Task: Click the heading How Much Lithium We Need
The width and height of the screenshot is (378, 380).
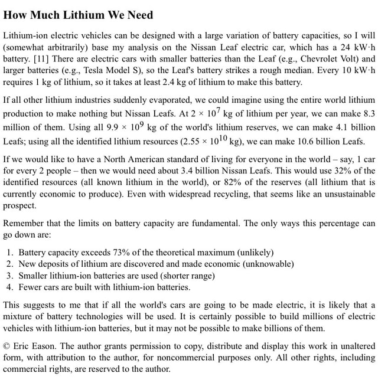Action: (x=78, y=15)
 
